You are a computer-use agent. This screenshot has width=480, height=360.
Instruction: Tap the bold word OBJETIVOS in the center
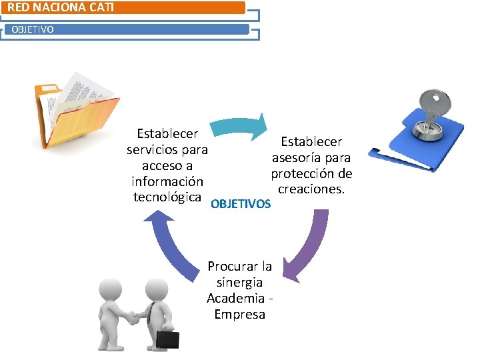coord(241,203)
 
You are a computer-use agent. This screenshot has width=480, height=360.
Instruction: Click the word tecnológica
coord(167,197)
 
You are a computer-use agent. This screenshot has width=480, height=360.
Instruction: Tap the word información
coord(167,181)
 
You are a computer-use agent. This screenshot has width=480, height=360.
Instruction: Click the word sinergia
coord(239,282)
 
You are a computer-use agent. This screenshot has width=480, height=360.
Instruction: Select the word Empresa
coord(239,314)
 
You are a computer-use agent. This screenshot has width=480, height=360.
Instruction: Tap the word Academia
coord(235,298)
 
